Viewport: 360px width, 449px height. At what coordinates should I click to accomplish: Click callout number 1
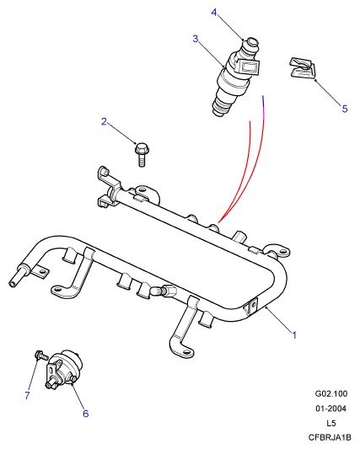pos(294,334)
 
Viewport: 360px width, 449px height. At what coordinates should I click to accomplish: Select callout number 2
pos(104,121)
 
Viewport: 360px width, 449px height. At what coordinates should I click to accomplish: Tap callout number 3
pos(196,39)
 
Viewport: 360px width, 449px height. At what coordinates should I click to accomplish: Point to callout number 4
pos(214,13)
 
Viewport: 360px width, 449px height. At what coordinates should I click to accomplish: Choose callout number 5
pos(345,109)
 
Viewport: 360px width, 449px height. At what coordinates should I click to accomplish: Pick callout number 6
pos(86,414)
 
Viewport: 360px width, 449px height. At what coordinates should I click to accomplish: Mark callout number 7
pos(27,395)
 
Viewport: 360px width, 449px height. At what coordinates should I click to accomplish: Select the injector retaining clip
pos(302,68)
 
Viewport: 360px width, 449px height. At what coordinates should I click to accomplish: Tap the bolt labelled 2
pos(142,154)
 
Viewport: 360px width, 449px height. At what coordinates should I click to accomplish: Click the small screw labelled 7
pos(41,355)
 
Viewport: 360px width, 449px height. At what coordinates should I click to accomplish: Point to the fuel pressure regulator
pos(64,369)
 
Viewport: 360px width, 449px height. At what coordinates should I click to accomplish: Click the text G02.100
pos(331,393)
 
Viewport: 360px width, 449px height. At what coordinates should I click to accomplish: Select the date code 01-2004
pos(331,409)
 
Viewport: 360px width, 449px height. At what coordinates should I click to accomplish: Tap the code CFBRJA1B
pos(330,437)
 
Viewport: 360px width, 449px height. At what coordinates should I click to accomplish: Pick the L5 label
pos(331,423)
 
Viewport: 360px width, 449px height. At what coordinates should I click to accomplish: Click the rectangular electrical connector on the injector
pos(248,68)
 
